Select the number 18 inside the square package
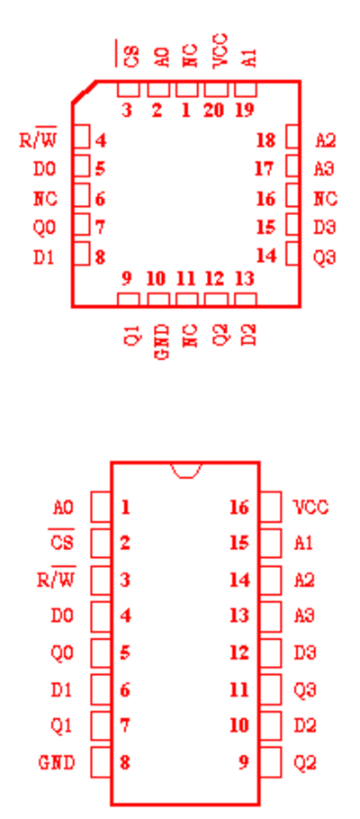[x=266, y=140]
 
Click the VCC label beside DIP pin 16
[x=310, y=508]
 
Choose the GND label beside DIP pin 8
[x=57, y=763]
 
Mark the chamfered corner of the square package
[x=84, y=92]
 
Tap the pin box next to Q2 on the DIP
[x=271, y=762]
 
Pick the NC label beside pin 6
[x=46, y=199]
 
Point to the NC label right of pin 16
[x=325, y=199]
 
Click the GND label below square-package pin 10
[x=163, y=342]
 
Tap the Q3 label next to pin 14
[x=325, y=257]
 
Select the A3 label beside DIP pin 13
[x=304, y=616]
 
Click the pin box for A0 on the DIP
[x=101, y=507]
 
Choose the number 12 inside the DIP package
[x=239, y=652]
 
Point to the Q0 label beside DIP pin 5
[x=62, y=652]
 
